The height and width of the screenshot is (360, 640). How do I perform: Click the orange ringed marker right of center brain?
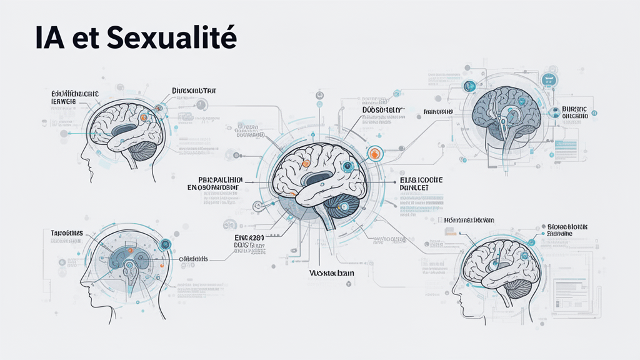tap(374, 153)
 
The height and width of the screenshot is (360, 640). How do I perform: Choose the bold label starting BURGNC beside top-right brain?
tap(570, 111)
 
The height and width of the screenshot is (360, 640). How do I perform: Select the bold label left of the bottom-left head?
tap(67, 233)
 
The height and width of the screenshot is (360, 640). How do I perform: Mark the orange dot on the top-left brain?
tap(144, 117)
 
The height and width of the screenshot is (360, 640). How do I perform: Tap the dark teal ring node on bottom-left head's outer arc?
tap(166, 244)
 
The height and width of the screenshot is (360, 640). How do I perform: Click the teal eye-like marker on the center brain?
tap(349, 166)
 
